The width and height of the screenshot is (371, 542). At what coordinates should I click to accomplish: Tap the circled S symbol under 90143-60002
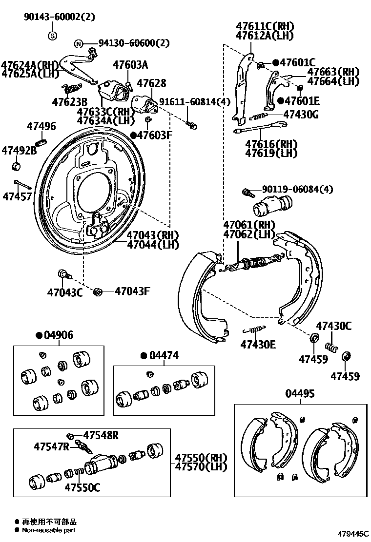[52, 35]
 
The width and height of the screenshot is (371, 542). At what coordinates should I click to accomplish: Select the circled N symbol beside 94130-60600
[78, 44]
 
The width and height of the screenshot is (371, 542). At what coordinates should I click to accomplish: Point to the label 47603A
[130, 64]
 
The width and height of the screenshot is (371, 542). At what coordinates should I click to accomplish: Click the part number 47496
[41, 127]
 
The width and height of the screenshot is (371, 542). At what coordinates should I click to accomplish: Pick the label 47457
[17, 196]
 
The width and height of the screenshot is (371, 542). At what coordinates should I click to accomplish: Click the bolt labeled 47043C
[63, 274]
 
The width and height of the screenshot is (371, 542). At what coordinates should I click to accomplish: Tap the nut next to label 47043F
[97, 291]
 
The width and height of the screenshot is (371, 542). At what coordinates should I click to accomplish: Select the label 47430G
[301, 115]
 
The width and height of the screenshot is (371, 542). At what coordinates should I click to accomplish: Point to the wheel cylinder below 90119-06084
[271, 206]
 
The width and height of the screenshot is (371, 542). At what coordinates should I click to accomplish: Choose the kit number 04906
[58, 335]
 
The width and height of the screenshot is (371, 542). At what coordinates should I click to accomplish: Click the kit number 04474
[164, 356]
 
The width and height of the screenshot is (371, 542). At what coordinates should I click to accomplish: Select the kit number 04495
[300, 394]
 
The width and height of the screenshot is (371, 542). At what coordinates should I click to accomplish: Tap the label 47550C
[82, 486]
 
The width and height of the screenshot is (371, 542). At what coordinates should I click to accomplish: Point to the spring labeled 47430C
[331, 347]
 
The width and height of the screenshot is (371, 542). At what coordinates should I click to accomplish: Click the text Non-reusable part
[49, 530]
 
